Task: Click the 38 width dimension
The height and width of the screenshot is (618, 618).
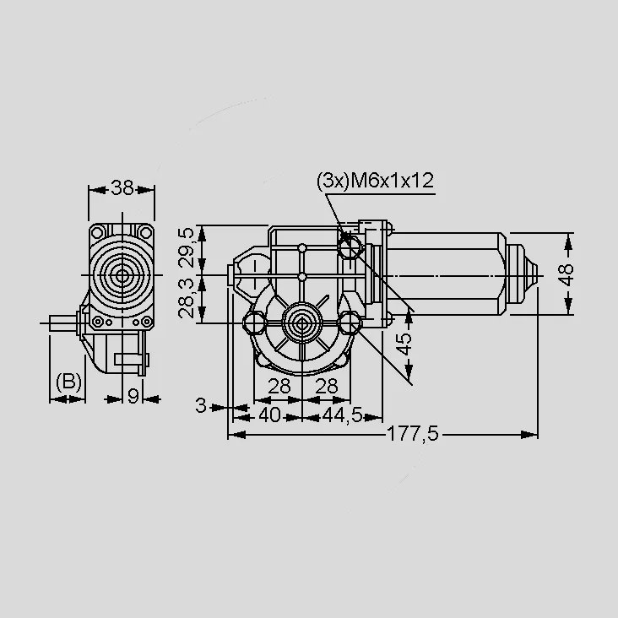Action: point(122,188)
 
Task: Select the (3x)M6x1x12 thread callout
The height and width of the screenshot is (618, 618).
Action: point(375,181)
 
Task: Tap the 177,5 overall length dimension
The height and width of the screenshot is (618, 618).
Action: point(413,434)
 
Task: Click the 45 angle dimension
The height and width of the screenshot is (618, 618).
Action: point(403,344)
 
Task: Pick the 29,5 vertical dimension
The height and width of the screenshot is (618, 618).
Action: point(186,247)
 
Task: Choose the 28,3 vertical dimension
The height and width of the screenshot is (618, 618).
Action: point(186,298)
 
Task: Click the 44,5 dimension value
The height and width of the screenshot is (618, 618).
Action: point(342,415)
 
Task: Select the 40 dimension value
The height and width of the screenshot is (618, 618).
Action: point(270,415)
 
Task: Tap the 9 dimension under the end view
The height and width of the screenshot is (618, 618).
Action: point(133,396)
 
